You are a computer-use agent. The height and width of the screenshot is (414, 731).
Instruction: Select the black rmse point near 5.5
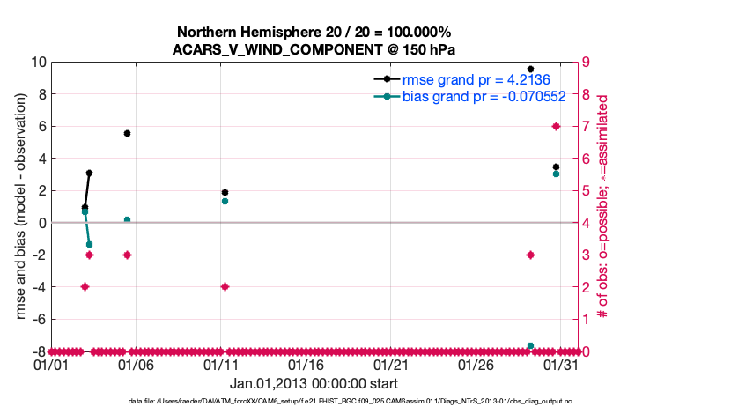click(x=127, y=133)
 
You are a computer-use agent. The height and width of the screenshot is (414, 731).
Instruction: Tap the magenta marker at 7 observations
click(x=556, y=126)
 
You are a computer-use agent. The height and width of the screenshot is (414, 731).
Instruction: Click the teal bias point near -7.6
click(x=530, y=346)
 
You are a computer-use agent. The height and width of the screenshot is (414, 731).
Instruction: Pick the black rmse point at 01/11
click(x=225, y=192)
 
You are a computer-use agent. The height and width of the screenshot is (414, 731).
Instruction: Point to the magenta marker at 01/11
click(x=225, y=286)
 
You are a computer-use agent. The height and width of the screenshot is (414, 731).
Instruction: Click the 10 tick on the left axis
click(x=39, y=62)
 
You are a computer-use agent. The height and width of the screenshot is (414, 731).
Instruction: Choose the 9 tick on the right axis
click(x=585, y=62)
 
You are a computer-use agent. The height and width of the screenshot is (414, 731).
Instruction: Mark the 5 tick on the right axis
click(x=585, y=190)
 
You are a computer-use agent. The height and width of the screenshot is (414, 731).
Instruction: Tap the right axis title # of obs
click(x=603, y=206)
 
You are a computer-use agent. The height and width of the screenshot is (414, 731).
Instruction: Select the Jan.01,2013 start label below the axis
click(x=314, y=384)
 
